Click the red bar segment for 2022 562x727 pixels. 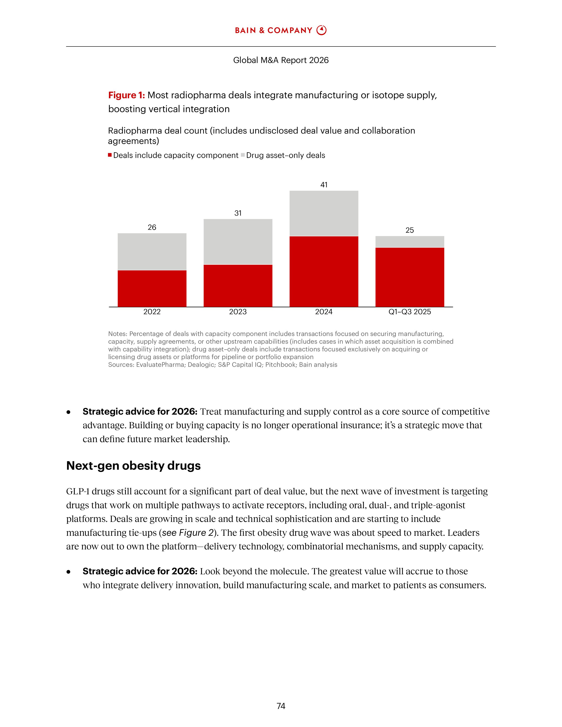coord(152,288)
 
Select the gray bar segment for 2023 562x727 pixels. coord(238,242)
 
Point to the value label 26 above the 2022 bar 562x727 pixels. coord(152,227)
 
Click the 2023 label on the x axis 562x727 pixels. coord(238,312)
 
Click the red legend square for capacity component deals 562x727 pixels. coord(110,155)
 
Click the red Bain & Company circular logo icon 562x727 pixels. coord(322,30)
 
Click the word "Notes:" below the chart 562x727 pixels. coord(117,334)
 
